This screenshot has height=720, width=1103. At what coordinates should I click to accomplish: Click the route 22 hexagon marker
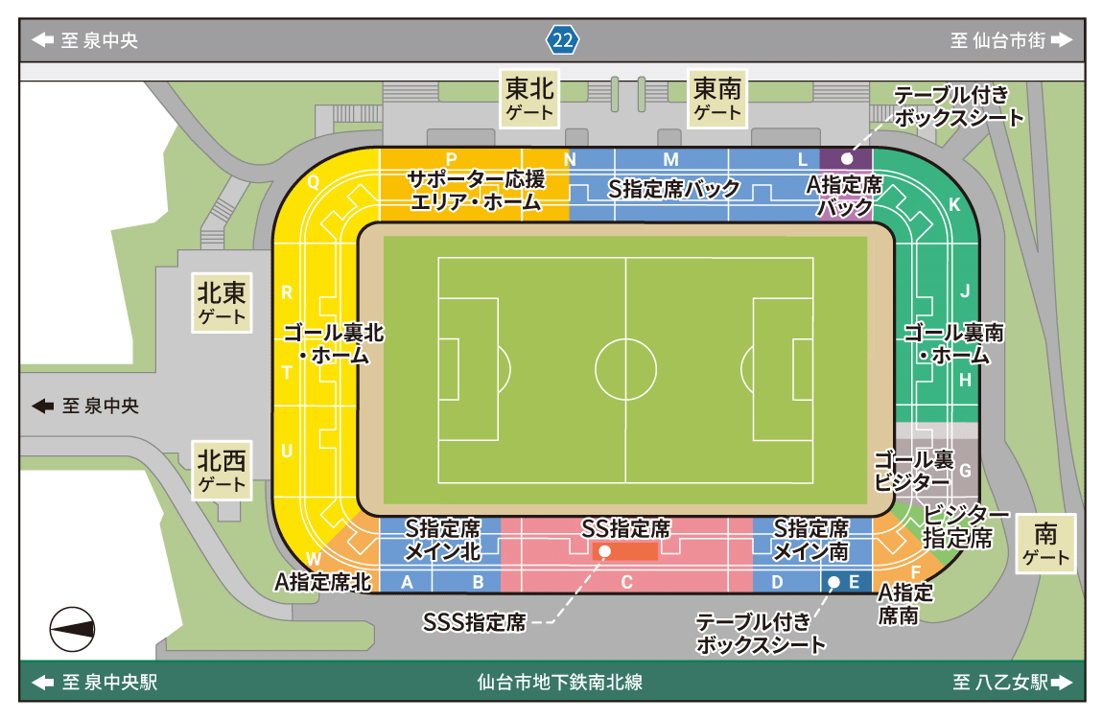point(563,40)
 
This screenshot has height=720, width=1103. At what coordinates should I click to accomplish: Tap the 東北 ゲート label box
point(530,98)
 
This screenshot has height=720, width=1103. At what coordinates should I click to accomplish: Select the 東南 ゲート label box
point(717,98)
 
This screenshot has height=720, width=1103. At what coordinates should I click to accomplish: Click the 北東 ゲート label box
point(222,302)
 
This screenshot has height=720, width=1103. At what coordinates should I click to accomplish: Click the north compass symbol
point(73,629)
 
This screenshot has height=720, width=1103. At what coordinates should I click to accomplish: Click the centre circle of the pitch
point(625,369)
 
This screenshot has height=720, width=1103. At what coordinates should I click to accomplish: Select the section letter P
point(451,158)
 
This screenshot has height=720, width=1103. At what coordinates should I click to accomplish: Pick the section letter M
point(670,159)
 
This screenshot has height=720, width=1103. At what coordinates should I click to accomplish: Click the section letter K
point(953,204)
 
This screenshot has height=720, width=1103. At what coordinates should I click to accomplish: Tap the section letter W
point(314,559)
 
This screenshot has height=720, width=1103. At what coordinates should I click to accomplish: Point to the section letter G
point(966,471)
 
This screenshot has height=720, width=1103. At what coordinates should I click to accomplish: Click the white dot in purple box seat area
point(846,158)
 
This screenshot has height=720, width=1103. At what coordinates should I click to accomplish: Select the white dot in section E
point(833,582)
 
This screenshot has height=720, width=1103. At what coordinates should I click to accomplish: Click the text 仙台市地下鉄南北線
point(559,683)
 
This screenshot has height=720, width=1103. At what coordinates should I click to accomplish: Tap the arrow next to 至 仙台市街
point(1060,40)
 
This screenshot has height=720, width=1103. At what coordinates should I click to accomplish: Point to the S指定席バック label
point(674,189)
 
